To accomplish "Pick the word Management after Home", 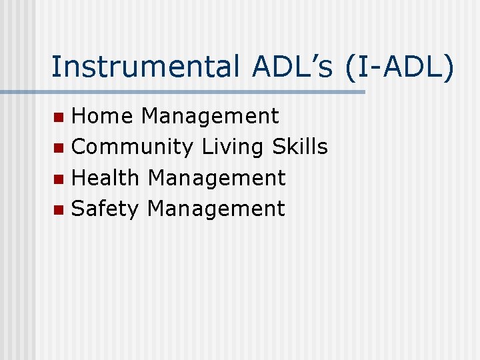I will (x=210, y=116).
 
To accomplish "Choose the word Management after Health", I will (x=217, y=178).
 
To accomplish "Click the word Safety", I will (x=105, y=209).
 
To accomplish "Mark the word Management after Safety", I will (x=216, y=209).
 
